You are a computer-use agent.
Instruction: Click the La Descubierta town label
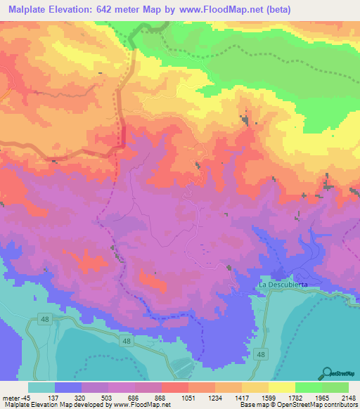tap(284, 285)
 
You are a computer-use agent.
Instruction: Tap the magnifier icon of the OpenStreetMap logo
tap(328, 372)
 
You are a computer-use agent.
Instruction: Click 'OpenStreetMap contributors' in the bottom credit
tap(316, 404)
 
